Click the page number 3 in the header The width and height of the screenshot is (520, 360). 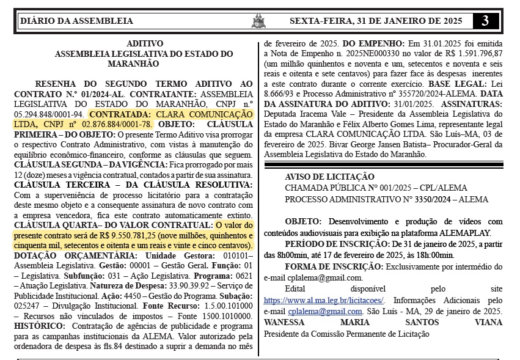tap(485, 21)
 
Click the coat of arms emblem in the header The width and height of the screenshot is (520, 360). tap(258, 21)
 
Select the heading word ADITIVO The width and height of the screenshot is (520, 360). tap(145, 44)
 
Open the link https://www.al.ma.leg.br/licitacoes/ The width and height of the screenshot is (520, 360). tap(324, 301)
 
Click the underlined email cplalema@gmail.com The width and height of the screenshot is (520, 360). tap(302, 311)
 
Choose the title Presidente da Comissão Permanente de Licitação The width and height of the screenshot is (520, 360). tap(346, 334)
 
